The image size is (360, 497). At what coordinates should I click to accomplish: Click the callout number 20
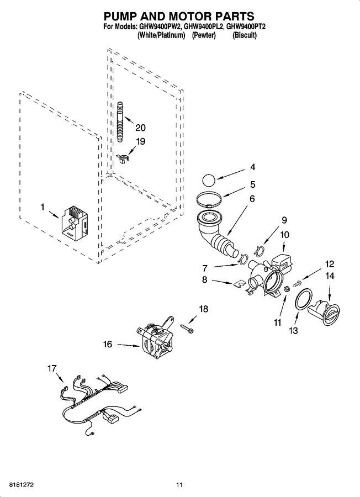(140, 128)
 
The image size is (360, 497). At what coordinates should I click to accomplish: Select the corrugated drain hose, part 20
(120, 121)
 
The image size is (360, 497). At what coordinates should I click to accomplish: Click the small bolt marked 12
(298, 283)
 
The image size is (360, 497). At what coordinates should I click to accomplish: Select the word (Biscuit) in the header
(245, 35)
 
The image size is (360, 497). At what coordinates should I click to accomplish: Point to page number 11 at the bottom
(179, 485)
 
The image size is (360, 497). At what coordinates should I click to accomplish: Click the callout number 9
(284, 220)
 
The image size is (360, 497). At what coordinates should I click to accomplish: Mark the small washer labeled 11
(287, 289)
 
